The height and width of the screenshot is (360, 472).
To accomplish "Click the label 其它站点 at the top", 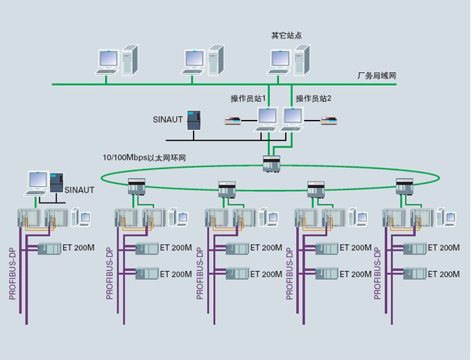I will tap(286, 35).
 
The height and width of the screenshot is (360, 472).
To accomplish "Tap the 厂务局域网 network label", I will tap(377, 76).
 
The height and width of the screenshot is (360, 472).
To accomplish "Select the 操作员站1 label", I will tap(248, 98).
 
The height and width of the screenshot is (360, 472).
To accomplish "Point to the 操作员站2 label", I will tap(314, 98).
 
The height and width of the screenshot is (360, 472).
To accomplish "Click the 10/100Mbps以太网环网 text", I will tap(144, 158).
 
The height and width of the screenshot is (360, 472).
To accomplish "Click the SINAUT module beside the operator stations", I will tap(194, 120).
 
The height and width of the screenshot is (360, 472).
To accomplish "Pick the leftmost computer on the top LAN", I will tap(117, 61).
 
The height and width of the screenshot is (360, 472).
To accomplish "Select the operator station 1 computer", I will tap(266, 119).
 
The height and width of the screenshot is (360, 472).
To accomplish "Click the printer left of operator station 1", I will tap(233, 121).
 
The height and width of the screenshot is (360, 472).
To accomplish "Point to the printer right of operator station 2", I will tap(329, 121).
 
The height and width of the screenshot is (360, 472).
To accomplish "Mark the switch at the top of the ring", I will tap(272, 163).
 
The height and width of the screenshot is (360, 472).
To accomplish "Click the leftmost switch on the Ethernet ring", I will tap(137, 186).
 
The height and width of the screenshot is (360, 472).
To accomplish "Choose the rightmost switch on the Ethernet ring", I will tap(405, 185).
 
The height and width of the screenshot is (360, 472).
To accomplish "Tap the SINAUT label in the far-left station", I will tap(80, 190).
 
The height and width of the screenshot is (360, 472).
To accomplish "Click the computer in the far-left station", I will tap(38, 183).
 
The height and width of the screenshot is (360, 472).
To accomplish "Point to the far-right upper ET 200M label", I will tap(440, 248).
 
